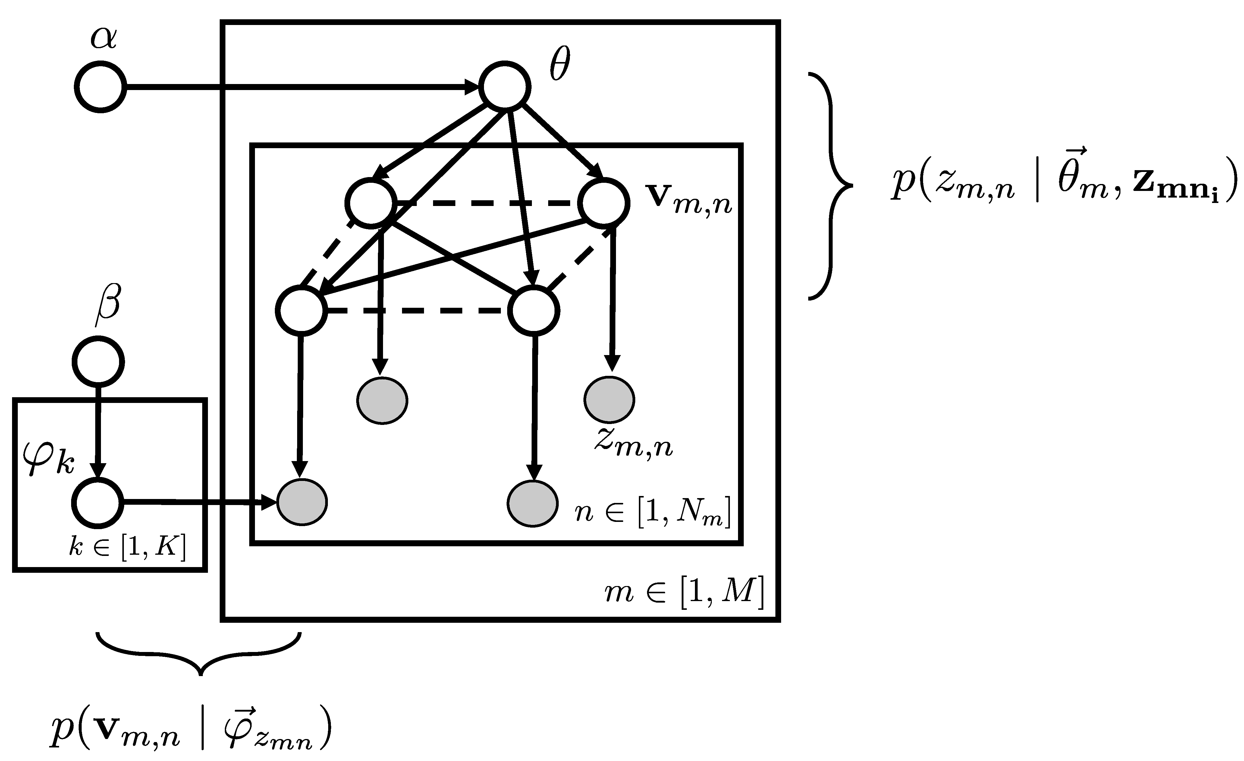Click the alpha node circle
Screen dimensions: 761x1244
[100, 87]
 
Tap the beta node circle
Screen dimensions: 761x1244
[99, 362]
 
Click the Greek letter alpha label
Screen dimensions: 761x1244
[104, 38]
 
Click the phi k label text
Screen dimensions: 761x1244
[49, 459]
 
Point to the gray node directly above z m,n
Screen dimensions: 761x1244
[609, 400]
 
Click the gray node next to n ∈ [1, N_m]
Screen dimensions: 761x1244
[532, 503]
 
